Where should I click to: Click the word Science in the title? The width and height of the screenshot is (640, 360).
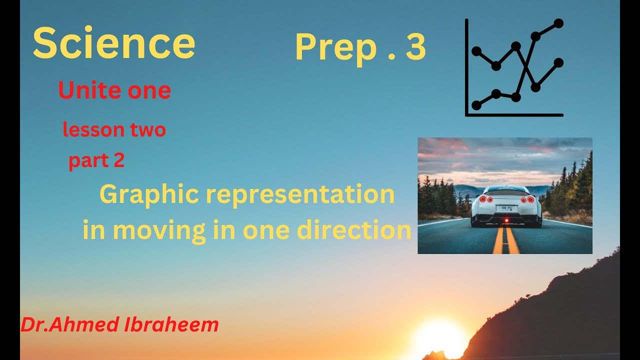(x=114, y=43)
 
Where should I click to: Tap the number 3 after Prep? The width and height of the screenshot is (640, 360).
(x=415, y=47)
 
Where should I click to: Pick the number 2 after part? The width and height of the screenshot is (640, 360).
(x=119, y=161)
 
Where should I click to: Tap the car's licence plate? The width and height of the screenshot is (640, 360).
(x=506, y=208)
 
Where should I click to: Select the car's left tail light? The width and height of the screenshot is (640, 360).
(x=483, y=199)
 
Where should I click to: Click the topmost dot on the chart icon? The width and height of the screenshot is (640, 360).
(x=558, y=23)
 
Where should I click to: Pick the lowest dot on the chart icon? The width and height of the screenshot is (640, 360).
(x=476, y=105)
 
